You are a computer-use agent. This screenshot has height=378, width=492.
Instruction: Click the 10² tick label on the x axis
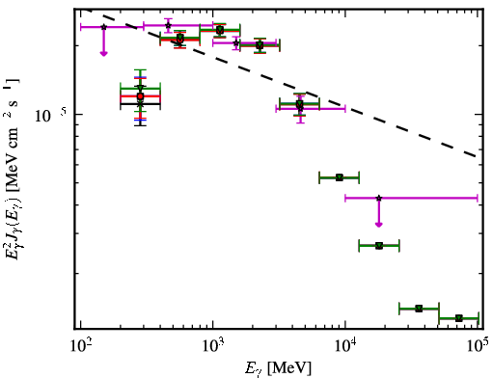click(80, 347)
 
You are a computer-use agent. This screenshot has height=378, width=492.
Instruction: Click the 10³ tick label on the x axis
click(213, 347)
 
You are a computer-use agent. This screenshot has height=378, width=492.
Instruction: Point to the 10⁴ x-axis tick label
click(345, 347)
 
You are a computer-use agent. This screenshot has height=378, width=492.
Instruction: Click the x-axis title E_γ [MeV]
click(278, 368)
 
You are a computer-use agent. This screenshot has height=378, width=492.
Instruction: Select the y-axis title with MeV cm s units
click(12, 172)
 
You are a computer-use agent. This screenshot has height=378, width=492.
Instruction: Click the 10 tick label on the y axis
click(50, 116)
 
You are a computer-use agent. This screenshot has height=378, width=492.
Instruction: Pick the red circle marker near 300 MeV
click(140, 96)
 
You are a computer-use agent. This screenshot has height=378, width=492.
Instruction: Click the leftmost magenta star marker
click(103, 27)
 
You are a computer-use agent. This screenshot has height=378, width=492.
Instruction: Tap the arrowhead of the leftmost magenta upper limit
click(103, 53)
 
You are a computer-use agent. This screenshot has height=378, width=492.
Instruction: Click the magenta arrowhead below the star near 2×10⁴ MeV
click(379, 225)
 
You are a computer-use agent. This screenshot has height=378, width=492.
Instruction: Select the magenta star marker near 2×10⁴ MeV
click(379, 198)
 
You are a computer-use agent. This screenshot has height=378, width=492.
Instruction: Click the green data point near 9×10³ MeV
click(340, 177)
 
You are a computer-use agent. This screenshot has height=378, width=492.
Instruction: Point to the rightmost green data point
click(459, 318)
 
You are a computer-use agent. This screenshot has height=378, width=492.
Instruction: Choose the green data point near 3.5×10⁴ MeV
click(419, 309)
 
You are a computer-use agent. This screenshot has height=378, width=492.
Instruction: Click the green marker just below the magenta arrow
click(379, 246)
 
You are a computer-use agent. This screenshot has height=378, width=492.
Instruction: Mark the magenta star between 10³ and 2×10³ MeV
click(236, 42)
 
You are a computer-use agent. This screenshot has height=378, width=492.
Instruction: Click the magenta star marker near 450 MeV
click(168, 25)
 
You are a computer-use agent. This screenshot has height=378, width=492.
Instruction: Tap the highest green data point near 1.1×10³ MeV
click(220, 30)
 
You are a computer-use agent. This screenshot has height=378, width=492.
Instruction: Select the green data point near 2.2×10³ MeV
click(260, 45)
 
